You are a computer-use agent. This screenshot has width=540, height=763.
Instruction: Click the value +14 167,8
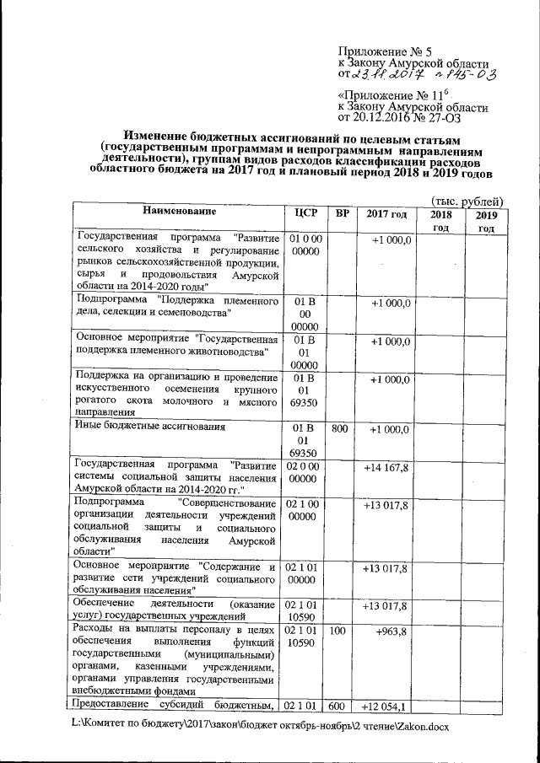(x=386, y=467)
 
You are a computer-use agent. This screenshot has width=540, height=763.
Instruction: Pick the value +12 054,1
(x=386, y=707)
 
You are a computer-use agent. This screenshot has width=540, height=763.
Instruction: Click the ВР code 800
(x=342, y=429)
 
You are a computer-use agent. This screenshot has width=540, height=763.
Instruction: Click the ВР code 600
(x=342, y=707)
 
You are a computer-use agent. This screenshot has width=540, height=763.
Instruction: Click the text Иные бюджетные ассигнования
(x=151, y=427)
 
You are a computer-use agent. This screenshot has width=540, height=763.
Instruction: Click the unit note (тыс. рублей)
(x=467, y=201)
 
